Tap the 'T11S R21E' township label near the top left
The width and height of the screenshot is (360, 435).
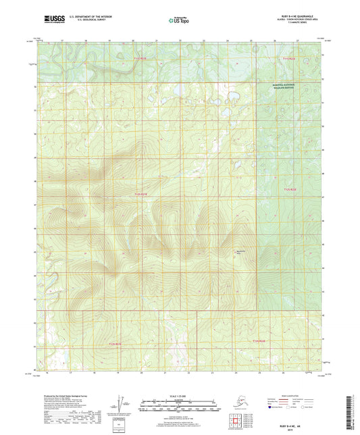click(140, 59)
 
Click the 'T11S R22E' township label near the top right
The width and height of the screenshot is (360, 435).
click(288, 59)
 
